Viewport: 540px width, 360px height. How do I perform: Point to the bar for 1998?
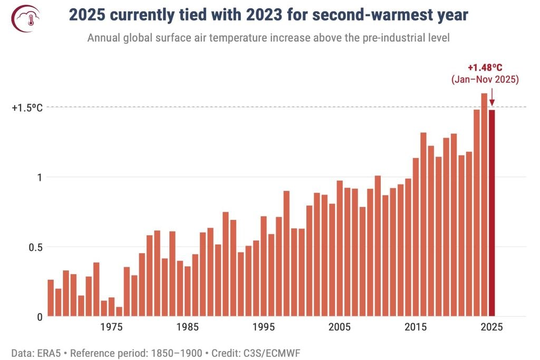coord(286,254)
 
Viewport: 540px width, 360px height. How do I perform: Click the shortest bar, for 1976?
coord(119,312)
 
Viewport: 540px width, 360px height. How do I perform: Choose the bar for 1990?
coord(226,264)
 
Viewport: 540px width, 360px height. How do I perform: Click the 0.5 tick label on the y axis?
coord(34,247)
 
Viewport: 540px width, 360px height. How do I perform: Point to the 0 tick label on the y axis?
coord(38,316)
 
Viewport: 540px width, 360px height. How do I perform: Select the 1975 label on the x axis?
coord(111,327)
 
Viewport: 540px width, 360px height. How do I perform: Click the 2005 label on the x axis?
coord(340,327)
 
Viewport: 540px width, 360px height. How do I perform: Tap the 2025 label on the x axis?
coord(491,327)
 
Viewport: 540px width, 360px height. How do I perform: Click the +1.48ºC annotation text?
coord(486,68)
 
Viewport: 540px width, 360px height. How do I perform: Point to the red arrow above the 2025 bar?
coord(491,98)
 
